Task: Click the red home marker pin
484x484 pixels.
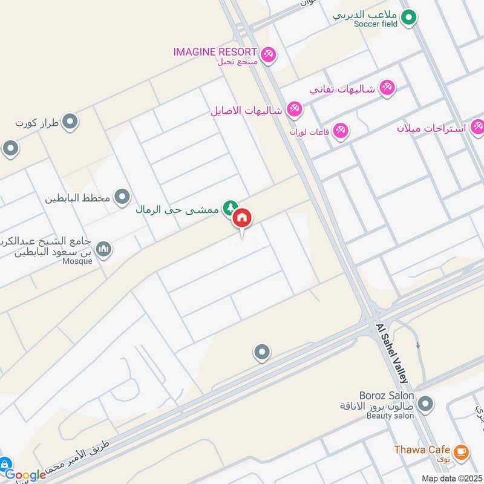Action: (242, 218)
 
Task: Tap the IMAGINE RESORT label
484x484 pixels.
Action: (215, 52)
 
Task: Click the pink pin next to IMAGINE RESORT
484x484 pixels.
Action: (269, 54)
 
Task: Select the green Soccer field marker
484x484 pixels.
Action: (409, 17)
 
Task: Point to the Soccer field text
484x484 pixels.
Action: (377, 24)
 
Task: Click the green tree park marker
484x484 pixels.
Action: (229, 209)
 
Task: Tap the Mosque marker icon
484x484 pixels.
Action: (104, 249)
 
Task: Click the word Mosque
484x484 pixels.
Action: (77, 261)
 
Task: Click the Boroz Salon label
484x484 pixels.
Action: (386, 396)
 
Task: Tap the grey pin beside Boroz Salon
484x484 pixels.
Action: (426, 403)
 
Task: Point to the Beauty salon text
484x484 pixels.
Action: (390, 416)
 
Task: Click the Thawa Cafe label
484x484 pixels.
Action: (422, 450)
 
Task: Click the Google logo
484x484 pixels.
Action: (25, 475)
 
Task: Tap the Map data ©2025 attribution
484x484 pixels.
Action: (451, 478)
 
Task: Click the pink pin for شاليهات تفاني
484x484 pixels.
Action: (387, 88)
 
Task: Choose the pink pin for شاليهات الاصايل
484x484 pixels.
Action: (295, 110)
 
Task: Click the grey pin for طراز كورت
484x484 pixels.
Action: (71, 122)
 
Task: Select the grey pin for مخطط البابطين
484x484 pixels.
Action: (122, 197)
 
